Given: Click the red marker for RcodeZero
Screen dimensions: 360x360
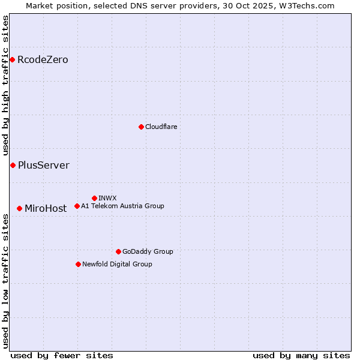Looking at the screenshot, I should [x=12, y=59].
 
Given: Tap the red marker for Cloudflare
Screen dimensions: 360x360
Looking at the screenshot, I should [x=141, y=127].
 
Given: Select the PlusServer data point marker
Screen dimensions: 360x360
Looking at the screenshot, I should [x=13, y=165].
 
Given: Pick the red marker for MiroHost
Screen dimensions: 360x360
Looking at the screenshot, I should [x=19, y=208].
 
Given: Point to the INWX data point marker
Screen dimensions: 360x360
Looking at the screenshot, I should [x=94, y=198].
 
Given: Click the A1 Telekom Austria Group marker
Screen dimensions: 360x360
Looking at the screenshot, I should [x=77, y=206].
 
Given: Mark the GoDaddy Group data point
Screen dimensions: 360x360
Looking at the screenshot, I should [x=118, y=251].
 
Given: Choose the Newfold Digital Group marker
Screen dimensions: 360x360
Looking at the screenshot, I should [x=78, y=264].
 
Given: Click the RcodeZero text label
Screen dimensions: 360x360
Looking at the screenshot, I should [x=43, y=59].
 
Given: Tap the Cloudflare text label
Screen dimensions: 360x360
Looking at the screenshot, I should [x=161, y=127].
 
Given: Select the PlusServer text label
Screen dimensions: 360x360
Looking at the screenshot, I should [x=43, y=165].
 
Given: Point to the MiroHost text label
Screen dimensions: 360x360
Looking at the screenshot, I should [x=46, y=208].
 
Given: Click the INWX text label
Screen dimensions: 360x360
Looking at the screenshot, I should [x=107, y=198].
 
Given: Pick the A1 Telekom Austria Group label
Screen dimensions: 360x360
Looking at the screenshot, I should [x=122, y=206].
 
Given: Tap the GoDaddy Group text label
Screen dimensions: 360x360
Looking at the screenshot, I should [x=148, y=251].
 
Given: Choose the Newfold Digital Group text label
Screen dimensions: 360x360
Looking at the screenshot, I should [x=117, y=264].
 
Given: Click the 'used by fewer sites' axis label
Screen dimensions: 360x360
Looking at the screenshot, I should [x=62, y=355].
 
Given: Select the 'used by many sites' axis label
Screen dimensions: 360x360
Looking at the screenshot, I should [x=301, y=355].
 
